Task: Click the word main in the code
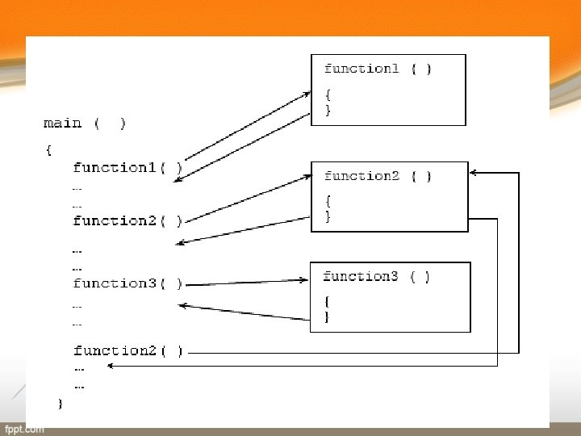coord(63,124)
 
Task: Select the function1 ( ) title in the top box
coord(378,69)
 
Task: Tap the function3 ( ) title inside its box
coord(376,277)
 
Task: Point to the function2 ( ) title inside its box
coord(378,176)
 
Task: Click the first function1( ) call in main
coord(127,168)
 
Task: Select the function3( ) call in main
coord(127,283)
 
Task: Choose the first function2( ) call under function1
coord(127,220)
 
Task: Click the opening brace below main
coord(49,149)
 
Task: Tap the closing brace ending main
coord(60,403)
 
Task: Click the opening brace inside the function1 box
coord(328,94)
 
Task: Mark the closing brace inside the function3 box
coord(327,317)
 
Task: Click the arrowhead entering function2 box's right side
coord(474,172)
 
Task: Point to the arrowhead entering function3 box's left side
coord(305,280)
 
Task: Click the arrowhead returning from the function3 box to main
coord(182,305)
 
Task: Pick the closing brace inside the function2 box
coord(328,216)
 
